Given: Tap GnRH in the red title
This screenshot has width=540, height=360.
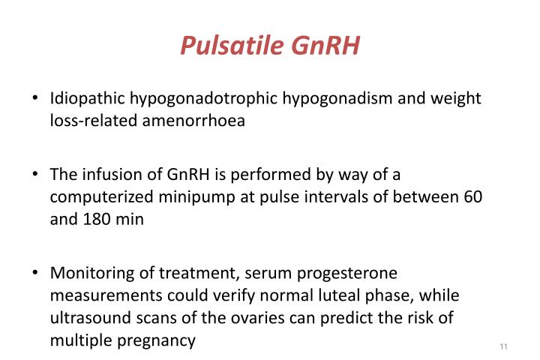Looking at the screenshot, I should [x=327, y=46].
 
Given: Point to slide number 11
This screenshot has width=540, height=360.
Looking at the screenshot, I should [x=502, y=346].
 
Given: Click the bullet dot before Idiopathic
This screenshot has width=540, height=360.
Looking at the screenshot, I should [x=35, y=100].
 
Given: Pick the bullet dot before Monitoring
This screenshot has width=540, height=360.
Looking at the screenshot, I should [x=35, y=274].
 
